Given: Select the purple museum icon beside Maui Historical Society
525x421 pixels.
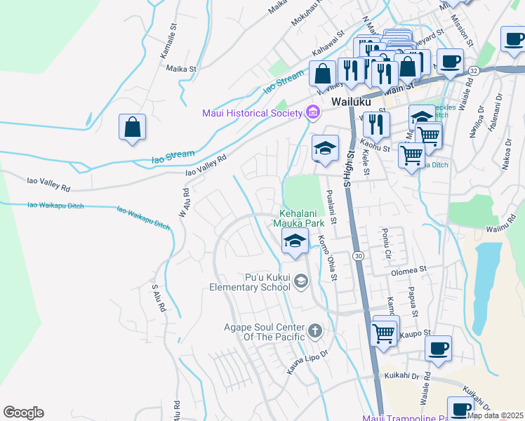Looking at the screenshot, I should tap(312, 112).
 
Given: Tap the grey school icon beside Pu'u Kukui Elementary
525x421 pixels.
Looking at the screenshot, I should tap(300, 281).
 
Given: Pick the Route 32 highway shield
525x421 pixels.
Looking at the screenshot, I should tap(474, 71).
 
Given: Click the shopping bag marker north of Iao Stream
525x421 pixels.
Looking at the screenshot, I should tap(132, 128).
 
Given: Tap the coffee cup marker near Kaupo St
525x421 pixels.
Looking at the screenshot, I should tap(438, 349).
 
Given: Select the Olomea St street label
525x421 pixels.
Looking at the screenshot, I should tap(409, 269).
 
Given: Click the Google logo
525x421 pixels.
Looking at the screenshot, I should tap(23, 413).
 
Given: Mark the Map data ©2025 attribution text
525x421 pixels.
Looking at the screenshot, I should tap(494, 415).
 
